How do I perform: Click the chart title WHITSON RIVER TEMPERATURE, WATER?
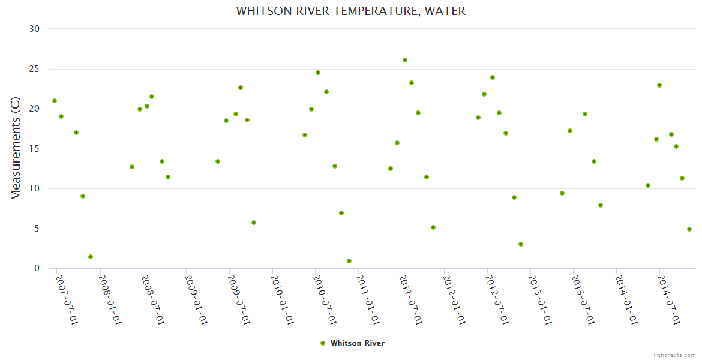[x=351, y=11]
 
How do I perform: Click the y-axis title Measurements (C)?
[x=16, y=149]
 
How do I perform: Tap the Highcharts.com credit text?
[x=673, y=355]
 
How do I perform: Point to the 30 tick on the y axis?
[x=34, y=29]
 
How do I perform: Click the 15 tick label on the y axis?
[x=34, y=149]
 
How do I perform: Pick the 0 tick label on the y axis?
[x=37, y=269]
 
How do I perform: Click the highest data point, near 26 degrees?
[x=405, y=60]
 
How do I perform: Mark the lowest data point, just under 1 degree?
[x=349, y=261]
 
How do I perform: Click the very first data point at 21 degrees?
[x=55, y=101]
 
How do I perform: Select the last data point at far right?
[x=689, y=229]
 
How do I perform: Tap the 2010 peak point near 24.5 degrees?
[x=318, y=73]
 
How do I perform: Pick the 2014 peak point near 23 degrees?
[x=659, y=85]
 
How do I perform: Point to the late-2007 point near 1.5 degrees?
[x=91, y=257]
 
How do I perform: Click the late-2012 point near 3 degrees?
[x=521, y=244]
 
